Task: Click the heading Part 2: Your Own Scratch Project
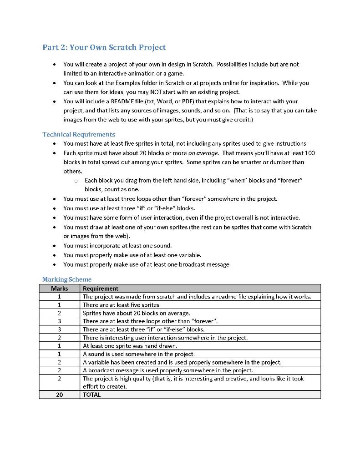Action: [104, 47]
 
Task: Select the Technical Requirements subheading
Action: [78, 134]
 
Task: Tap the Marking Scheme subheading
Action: [66, 279]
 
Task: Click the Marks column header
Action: [59, 289]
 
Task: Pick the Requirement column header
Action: [101, 289]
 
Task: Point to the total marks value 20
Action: [59, 395]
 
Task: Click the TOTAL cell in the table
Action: [92, 395]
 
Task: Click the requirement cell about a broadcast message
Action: [167, 370]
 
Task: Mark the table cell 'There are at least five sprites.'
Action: [122, 305]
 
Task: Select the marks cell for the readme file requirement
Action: [59, 297]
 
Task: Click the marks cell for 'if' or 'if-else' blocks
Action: [59, 329]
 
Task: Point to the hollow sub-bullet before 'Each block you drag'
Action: [76, 181]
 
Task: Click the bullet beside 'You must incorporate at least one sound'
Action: [55, 246]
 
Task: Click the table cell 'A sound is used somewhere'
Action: [138, 354]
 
